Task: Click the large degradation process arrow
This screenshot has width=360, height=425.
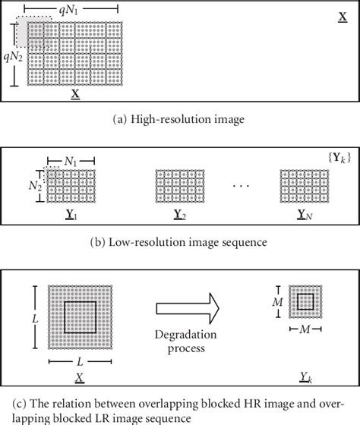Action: [x=187, y=309]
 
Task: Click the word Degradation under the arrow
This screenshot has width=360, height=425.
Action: [x=187, y=336]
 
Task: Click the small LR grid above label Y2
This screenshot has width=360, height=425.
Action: [x=181, y=187]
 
